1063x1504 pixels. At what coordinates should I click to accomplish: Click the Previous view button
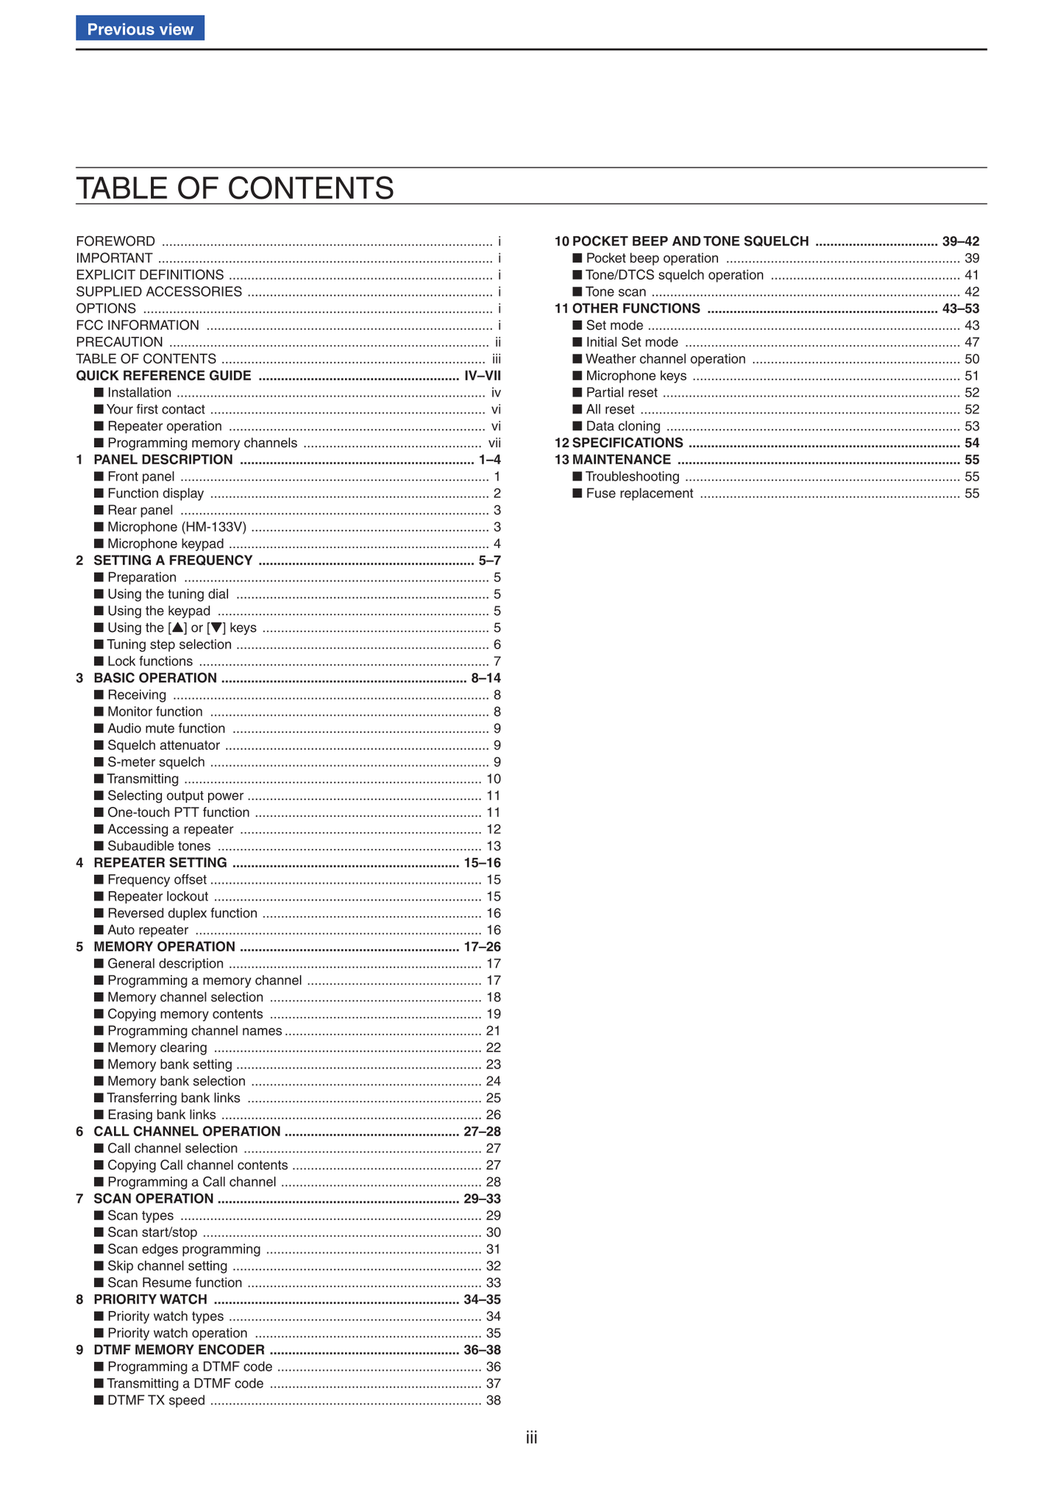(140, 29)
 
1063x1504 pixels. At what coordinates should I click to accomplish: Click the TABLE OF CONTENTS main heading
(235, 188)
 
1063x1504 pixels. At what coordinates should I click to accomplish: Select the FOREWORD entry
(115, 241)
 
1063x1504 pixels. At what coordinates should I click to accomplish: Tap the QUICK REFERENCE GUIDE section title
(163, 376)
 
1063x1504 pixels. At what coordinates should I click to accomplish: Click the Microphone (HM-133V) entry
(177, 527)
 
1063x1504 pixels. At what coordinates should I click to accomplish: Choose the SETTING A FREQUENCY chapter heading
(173, 561)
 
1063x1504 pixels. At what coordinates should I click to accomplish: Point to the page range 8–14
(486, 678)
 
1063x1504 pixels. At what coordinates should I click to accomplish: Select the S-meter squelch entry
(156, 762)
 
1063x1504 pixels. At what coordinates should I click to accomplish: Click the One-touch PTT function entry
(178, 812)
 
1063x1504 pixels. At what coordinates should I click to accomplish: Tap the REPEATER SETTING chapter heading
(160, 863)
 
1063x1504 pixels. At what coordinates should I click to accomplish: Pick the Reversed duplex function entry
(182, 913)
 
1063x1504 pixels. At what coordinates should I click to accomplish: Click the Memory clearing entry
(157, 1048)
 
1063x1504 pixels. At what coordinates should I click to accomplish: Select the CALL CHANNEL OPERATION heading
(187, 1132)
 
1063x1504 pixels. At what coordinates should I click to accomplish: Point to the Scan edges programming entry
(184, 1249)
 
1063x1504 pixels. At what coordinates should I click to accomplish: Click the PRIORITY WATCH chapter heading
(150, 1299)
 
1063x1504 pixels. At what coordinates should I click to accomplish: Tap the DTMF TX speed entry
(156, 1400)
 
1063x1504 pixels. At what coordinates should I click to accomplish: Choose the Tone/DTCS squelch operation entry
(675, 275)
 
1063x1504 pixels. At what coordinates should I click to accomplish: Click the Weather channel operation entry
(666, 359)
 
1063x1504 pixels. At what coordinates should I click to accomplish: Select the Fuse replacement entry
(639, 494)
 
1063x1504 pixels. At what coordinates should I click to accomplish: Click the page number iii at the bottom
(531, 1439)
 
